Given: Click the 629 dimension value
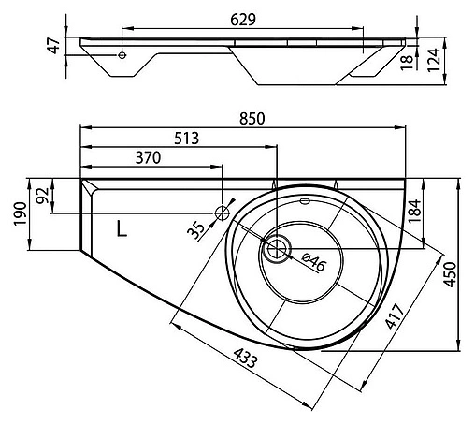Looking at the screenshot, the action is tap(243, 20).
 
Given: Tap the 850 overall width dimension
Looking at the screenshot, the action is tap(252, 119).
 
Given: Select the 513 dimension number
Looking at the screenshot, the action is tap(186, 139).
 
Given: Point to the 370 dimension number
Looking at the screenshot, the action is tap(148, 158).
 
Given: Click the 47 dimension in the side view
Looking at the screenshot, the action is tap(54, 46).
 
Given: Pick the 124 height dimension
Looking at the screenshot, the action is tap(434, 60).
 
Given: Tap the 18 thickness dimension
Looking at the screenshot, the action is tap(407, 62).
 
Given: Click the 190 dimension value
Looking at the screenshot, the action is tap(21, 214).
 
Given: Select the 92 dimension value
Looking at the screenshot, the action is tap(43, 196).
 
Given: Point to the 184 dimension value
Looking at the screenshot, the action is tap(415, 211).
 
